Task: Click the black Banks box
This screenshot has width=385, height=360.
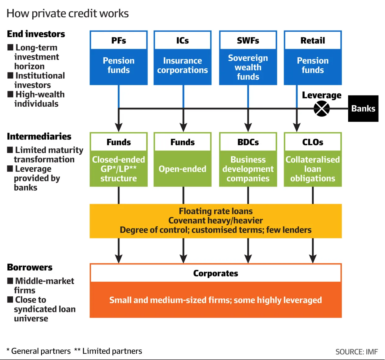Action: click(x=363, y=108)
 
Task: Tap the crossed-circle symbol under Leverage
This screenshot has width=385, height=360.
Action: click(x=322, y=109)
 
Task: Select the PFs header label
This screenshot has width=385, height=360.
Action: click(x=119, y=41)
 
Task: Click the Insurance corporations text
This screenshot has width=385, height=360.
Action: click(x=183, y=65)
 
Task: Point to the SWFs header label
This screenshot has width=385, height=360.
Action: click(x=248, y=41)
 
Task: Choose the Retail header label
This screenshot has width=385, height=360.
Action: click(x=313, y=41)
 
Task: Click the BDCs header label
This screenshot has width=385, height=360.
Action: click(x=248, y=142)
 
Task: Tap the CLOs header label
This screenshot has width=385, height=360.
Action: click(x=313, y=142)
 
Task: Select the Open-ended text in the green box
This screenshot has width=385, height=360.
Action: click(x=183, y=169)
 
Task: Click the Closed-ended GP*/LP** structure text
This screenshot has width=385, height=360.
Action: click(x=119, y=169)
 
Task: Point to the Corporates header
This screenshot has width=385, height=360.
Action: click(x=215, y=273)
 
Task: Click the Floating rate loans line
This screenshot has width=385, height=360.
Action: click(x=215, y=211)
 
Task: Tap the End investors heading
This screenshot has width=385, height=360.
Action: click(x=36, y=34)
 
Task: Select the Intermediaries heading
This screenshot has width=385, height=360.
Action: click(x=39, y=136)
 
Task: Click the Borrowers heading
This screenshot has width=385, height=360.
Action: click(x=30, y=267)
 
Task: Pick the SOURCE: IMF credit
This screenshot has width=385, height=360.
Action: click(x=356, y=352)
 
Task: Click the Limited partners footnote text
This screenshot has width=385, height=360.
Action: click(x=112, y=351)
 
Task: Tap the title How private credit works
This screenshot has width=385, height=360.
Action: click(x=67, y=13)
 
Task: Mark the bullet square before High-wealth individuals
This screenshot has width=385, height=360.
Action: click(x=11, y=94)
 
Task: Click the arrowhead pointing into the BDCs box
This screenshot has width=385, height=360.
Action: click(x=248, y=127)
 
